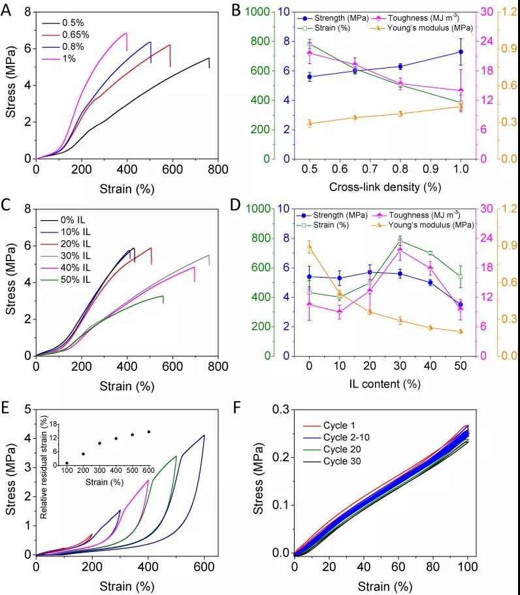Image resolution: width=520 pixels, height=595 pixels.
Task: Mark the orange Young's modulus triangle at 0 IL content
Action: click(309, 247)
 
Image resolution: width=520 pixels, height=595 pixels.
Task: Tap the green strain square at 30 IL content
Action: click(400, 241)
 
